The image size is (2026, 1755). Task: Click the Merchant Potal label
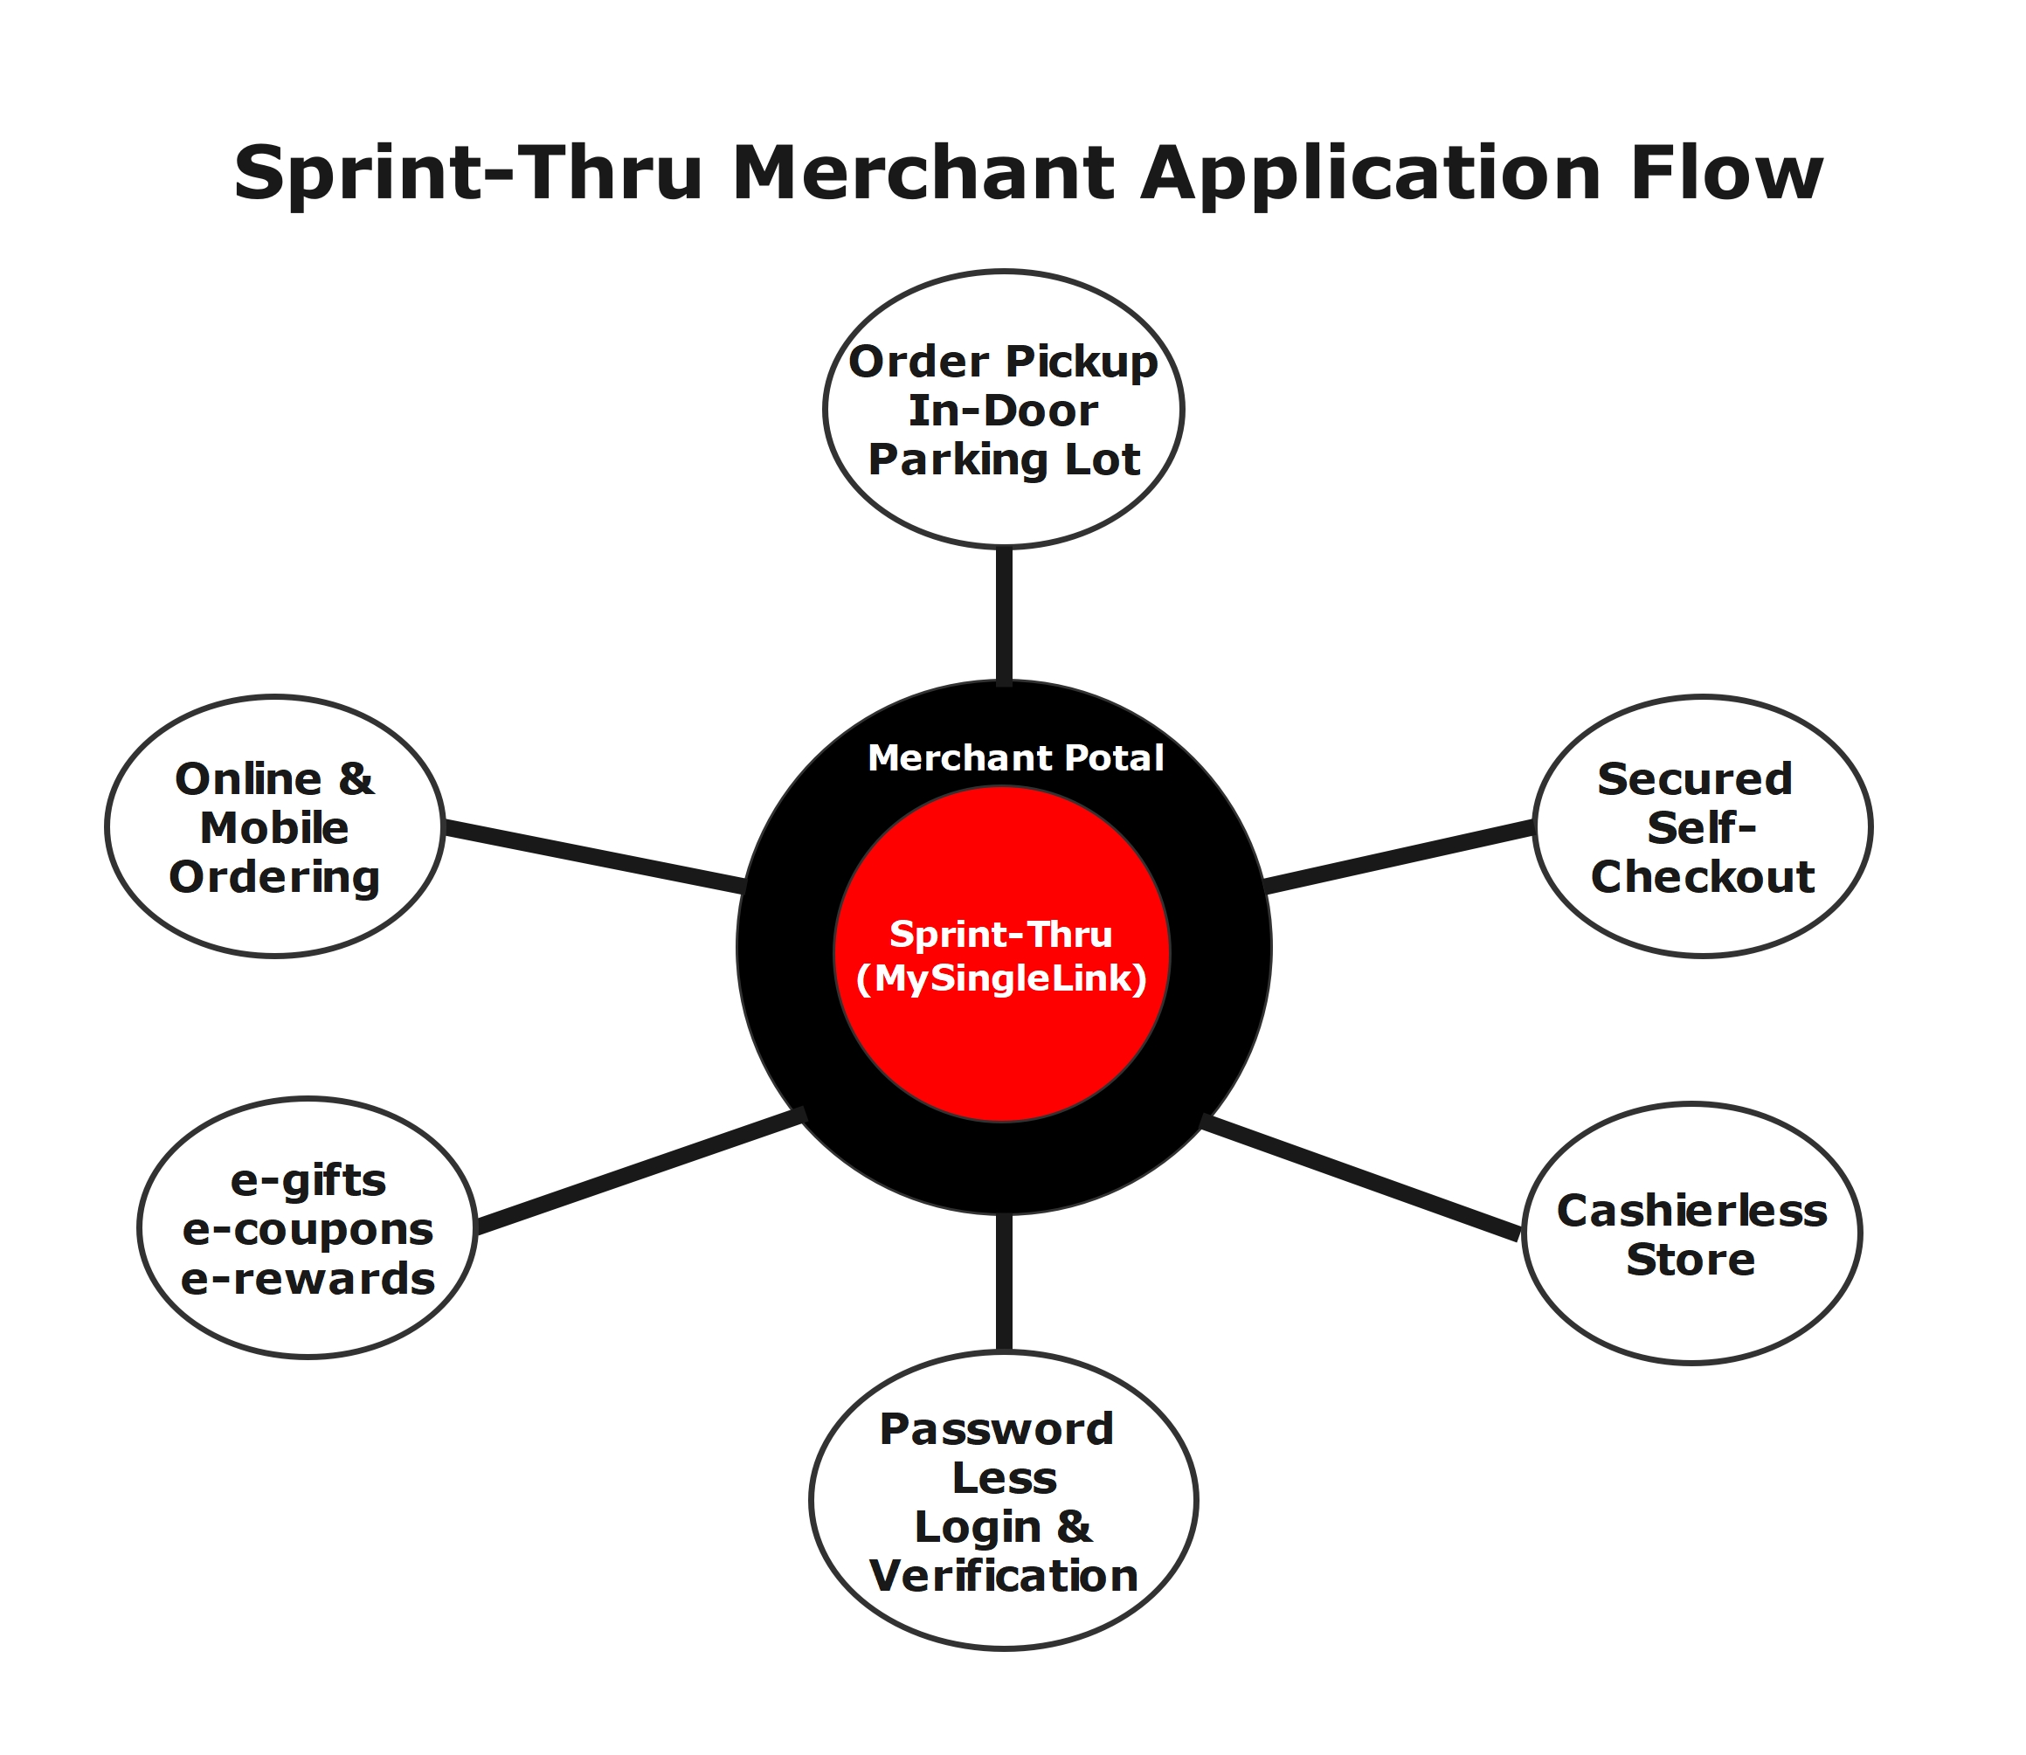pyautogui.click(x=1015, y=758)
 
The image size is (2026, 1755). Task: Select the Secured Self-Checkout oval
pyautogui.click(x=1702, y=827)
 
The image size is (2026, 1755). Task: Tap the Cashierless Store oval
pyautogui.click(x=1691, y=1234)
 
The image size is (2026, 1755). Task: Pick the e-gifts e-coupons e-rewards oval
pyautogui.click(x=308, y=1228)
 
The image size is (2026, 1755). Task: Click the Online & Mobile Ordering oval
pyautogui.click(x=275, y=827)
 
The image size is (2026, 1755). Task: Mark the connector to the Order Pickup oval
pyautogui.click(x=1004, y=614)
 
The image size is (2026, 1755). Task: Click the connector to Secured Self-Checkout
pyautogui.click(x=1399, y=858)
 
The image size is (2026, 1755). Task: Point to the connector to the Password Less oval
pyautogui.click(x=1004, y=1283)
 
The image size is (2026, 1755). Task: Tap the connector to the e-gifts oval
pyautogui.click(x=640, y=1171)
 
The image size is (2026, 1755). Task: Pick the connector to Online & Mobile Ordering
pyautogui.click(x=593, y=857)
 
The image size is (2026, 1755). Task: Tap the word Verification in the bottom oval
pyautogui.click(x=1004, y=1576)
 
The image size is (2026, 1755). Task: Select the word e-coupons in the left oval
pyautogui.click(x=308, y=1229)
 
